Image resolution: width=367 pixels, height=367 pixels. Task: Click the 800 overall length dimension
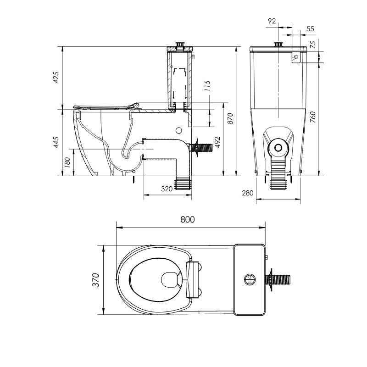click(187, 220)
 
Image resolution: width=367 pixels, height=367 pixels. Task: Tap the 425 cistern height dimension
click(56, 78)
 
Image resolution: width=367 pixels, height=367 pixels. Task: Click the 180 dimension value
click(68, 164)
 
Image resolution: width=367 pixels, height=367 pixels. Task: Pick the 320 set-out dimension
click(167, 189)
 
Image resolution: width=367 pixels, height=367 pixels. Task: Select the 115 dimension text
click(207, 87)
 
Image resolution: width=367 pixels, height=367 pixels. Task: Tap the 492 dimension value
click(218, 142)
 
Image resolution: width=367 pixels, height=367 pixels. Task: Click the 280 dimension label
click(248, 193)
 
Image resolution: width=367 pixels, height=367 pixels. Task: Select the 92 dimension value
click(272, 21)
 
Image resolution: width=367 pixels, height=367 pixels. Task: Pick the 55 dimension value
click(310, 28)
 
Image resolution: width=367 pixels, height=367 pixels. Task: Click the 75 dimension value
click(313, 44)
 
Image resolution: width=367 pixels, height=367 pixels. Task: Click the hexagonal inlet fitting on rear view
click(296, 57)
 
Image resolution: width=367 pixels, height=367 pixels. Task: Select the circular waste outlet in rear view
click(277, 148)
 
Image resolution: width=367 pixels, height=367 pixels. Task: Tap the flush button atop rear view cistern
click(278, 44)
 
